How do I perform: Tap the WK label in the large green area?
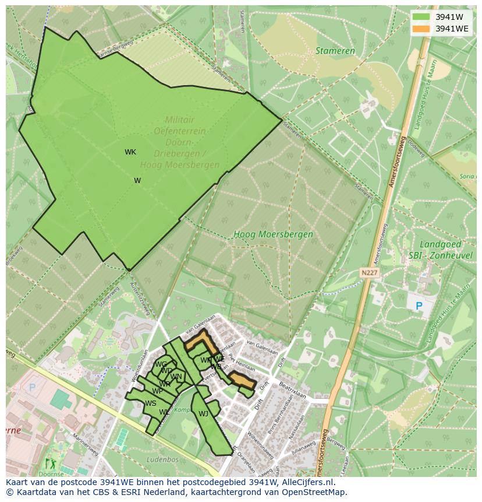(x=130, y=152)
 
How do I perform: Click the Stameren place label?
(x=335, y=51)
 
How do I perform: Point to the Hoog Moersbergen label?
(x=273, y=234)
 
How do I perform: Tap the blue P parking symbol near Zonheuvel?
(x=417, y=306)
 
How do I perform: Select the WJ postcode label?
(x=203, y=414)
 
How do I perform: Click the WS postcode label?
(x=151, y=403)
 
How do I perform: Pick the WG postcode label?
(x=161, y=365)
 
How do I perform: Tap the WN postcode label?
(x=176, y=377)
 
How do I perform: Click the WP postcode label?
(x=157, y=391)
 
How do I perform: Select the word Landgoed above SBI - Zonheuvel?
(x=440, y=244)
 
